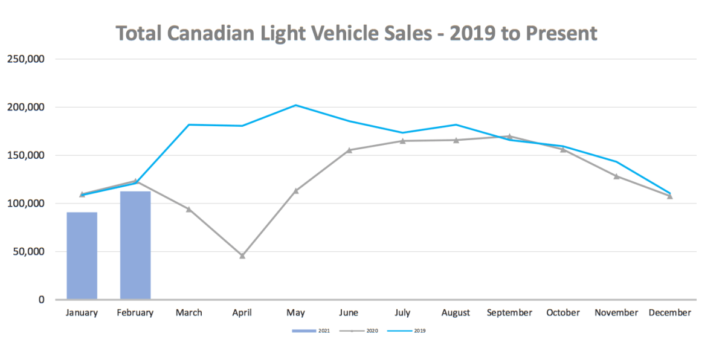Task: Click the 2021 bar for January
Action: [x=82, y=256]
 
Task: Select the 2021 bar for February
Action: [x=135, y=245]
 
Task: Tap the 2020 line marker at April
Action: [x=242, y=256]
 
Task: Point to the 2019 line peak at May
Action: [x=295, y=105]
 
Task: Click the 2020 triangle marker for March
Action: [x=188, y=209]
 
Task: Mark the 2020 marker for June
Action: [x=349, y=150]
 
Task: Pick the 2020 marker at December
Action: [x=669, y=196]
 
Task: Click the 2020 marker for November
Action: [x=616, y=176]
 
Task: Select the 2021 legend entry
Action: [x=311, y=331]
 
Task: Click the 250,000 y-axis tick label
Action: [x=25, y=59]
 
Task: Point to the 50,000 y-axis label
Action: [x=27, y=252]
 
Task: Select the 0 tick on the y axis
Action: [x=42, y=300]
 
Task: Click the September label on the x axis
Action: [x=509, y=313]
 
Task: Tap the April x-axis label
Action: [x=242, y=313]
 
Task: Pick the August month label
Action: [x=456, y=313]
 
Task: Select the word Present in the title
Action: [x=561, y=33]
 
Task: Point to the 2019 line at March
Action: [x=188, y=124]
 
